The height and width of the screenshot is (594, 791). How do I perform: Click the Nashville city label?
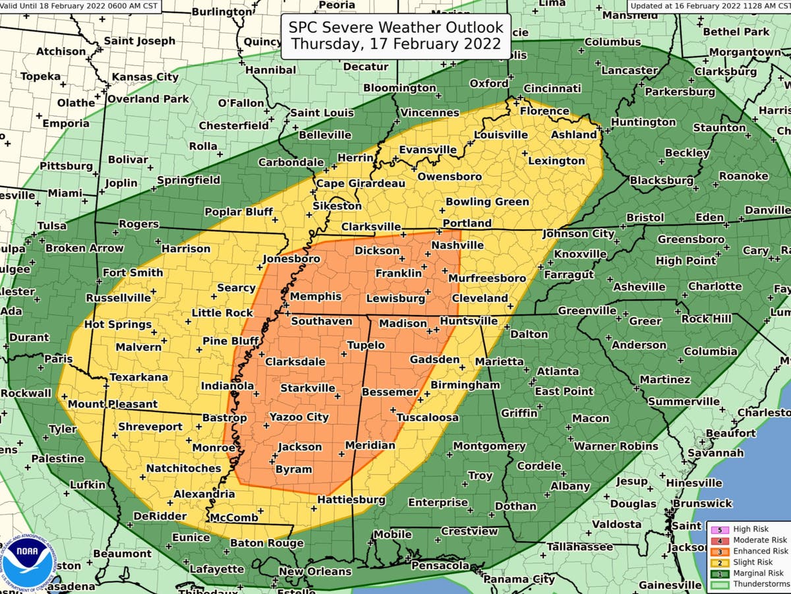coord(457,245)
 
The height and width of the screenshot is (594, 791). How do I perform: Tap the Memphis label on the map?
coord(315,297)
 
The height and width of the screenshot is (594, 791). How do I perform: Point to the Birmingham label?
coord(465,385)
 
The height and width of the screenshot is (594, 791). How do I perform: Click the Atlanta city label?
coord(558,372)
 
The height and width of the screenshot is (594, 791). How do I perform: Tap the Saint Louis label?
coord(322,113)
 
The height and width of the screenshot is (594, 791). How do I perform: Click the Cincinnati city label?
coord(552,88)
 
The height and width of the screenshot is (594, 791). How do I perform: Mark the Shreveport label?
coord(150,427)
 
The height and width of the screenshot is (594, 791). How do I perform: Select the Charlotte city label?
coord(715,287)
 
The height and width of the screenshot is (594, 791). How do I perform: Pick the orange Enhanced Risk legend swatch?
coord(719,551)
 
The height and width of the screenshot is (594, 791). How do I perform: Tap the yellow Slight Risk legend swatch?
coord(719,562)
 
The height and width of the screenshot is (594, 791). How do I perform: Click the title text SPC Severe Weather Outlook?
coord(396,28)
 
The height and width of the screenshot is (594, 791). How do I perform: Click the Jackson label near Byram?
coord(299,447)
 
